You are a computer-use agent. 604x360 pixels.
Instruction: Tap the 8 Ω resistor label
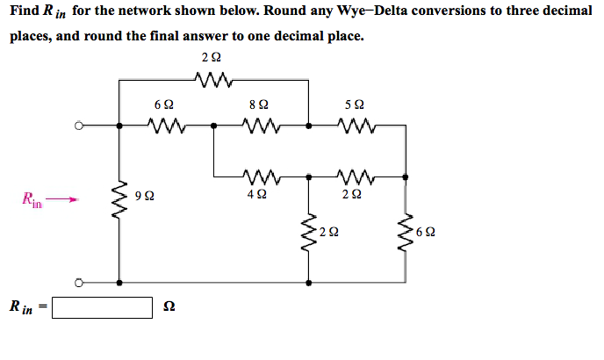coord(259,104)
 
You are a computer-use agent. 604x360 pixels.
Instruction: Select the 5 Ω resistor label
coord(355,104)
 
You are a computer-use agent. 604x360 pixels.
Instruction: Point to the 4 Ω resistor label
coord(259,194)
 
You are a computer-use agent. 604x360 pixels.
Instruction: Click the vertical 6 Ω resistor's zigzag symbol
coord(405,233)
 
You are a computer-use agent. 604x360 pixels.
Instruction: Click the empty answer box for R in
coord(103,307)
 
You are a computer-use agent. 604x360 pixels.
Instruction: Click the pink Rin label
coord(32,200)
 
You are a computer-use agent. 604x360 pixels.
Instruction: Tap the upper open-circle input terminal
coord(78,126)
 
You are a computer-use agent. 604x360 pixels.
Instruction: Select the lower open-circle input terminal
coord(78,283)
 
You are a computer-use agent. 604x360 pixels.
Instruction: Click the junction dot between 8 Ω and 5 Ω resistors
coord(307,126)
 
